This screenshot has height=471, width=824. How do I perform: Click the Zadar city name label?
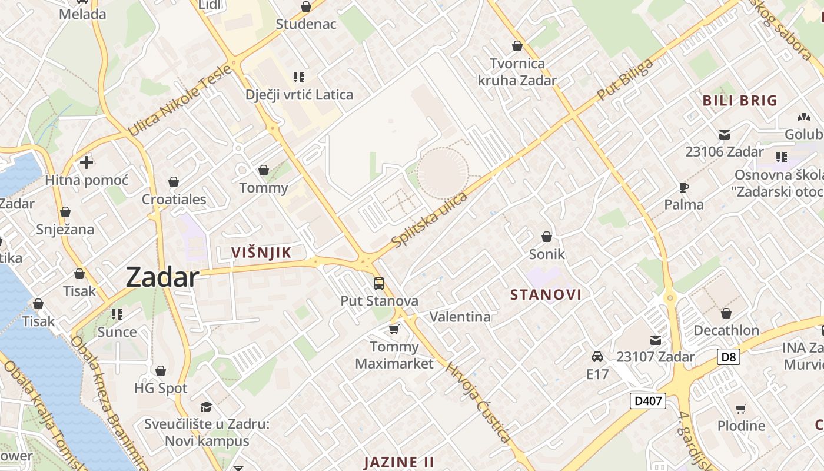[162, 277]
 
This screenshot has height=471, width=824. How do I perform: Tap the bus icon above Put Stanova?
[379, 284]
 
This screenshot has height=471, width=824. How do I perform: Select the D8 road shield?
[728, 356]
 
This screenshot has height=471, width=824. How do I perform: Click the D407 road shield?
[648, 402]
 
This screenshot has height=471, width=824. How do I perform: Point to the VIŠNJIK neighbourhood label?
[261, 253]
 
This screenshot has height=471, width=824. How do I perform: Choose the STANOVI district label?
[546, 294]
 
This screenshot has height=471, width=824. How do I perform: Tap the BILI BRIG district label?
[740, 100]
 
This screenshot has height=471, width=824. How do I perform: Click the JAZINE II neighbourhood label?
[399, 462]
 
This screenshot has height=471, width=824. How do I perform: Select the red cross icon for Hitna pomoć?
[87, 162]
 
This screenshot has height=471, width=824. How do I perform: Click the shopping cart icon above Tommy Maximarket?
[394, 329]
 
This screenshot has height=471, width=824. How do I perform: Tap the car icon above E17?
[597, 356]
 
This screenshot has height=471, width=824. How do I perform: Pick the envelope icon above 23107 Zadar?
[655, 340]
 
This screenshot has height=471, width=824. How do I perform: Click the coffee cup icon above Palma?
[683, 187]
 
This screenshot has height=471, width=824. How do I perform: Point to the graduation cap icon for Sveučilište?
[206, 407]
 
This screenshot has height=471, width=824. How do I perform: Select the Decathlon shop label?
[726, 330]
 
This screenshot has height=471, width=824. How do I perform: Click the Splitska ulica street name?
[430, 220]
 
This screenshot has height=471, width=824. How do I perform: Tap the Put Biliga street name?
[625, 79]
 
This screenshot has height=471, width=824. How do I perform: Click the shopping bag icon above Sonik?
[547, 237]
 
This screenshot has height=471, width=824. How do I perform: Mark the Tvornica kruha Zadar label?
[517, 72]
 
